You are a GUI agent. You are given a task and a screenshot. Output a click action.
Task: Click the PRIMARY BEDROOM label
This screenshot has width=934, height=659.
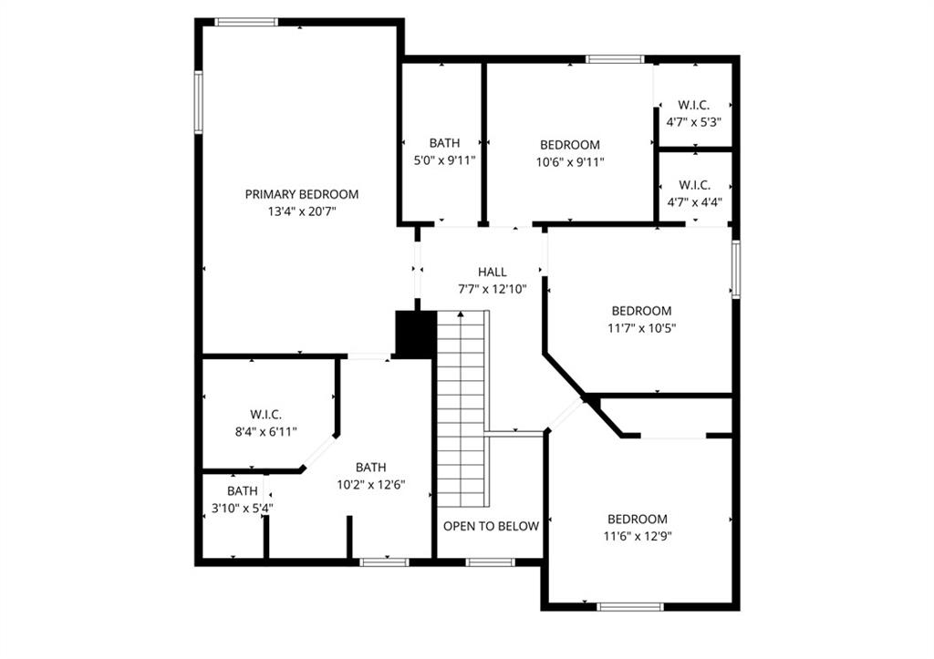(x=301, y=194)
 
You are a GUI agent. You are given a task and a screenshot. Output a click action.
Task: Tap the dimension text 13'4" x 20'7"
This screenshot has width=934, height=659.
(x=302, y=211)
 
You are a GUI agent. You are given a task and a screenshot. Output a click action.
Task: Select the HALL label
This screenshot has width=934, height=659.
(x=492, y=272)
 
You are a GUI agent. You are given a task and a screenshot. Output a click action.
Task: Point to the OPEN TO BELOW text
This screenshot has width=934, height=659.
(x=491, y=526)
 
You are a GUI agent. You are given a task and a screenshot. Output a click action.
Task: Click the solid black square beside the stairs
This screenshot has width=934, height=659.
(x=416, y=334)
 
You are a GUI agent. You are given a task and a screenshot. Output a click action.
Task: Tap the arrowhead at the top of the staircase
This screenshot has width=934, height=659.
(x=461, y=314)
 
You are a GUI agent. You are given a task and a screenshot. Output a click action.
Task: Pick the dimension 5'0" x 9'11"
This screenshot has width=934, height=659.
(x=444, y=160)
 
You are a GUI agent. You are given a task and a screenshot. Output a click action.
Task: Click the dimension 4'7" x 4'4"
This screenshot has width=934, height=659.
(x=694, y=201)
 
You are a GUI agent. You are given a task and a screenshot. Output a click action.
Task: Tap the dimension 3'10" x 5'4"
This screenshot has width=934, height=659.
(x=243, y=509)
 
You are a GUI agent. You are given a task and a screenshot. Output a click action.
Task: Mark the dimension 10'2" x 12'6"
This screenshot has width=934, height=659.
(x=371, y=485)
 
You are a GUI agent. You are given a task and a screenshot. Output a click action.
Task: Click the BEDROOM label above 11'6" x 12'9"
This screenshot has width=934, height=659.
(x=638, y=520)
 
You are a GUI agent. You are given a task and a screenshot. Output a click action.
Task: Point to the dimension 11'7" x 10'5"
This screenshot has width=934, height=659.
(x=641, y=328)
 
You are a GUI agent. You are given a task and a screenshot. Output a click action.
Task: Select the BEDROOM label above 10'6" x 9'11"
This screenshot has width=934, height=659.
(x=570, y=145)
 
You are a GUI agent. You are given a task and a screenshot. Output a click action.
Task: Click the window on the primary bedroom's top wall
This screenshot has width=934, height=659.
(x=246, y=23)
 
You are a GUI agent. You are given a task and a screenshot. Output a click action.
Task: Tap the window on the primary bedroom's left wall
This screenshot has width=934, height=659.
(x=198, y=102)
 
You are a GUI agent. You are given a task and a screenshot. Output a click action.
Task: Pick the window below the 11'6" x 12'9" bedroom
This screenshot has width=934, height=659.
(x=629, y=607)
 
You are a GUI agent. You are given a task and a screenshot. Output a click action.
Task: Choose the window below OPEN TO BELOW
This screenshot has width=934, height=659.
(x=490, y=562)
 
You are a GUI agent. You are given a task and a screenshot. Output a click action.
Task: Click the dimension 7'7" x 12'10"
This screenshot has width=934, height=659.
(x=492, y=289)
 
